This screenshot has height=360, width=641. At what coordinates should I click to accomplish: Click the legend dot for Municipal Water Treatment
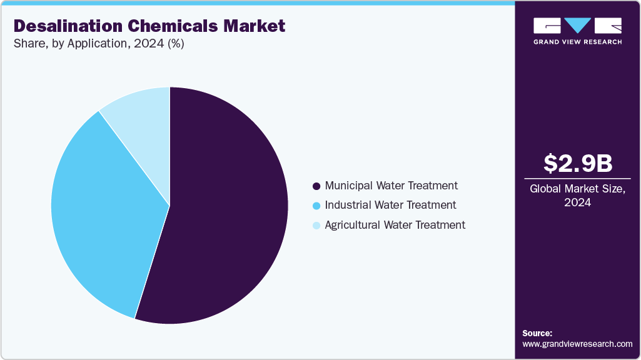pos(316,186)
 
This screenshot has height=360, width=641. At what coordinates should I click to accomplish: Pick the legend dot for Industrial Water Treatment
pos(316,206)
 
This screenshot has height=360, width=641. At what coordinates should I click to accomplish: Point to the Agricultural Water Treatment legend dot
pos(316,225)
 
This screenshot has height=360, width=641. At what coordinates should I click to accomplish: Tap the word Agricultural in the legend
pos(353,225)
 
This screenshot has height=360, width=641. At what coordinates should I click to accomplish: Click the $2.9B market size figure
pos(577,163)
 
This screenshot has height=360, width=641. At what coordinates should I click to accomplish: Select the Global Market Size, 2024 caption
pos(577,195)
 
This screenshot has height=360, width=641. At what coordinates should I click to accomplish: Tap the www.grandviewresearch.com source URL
pos(577,344)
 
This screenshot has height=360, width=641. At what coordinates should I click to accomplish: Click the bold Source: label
pos(537,333)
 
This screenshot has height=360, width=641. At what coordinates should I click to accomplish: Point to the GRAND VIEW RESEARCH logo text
pos(577,42)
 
